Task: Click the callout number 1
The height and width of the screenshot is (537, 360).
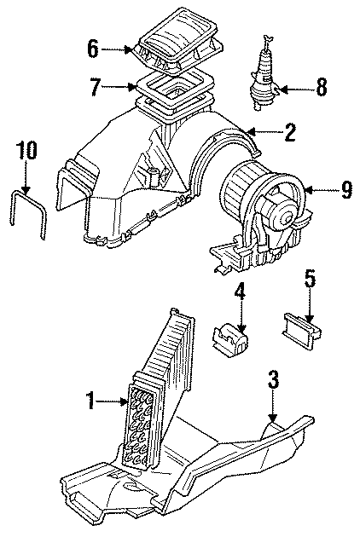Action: click(x=91, y=400)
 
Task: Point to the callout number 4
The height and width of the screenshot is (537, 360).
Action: click(x=241, y=293)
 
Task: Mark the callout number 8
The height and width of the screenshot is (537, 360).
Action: click(x=321, y=86)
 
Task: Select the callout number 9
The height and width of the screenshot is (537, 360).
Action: click(x=346, y=191)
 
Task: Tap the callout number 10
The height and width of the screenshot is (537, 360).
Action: click(x=26, y=151)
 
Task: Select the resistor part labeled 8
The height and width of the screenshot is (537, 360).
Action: click(x=266, y=77)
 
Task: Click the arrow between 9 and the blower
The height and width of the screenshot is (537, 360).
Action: click(x=321, y=191)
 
